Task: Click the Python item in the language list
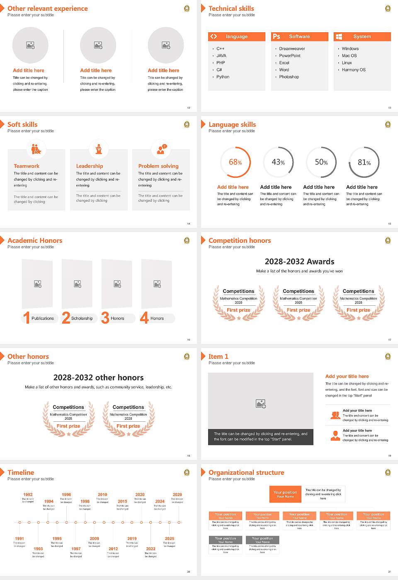223,77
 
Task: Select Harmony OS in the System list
354,70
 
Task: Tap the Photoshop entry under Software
289,77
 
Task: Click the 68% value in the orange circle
235,162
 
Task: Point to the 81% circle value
364,162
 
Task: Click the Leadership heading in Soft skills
90,166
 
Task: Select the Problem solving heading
158,166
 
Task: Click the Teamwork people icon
36,149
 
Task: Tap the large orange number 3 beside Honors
105,318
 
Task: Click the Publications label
43,319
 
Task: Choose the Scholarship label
82,319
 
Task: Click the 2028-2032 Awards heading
299,262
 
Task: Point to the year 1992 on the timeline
28,495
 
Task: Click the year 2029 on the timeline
177,495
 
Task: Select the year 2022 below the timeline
150,549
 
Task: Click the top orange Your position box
285,494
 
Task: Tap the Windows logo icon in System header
339,36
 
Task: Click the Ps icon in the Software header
277,36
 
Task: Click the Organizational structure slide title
246,473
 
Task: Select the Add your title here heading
347,377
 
